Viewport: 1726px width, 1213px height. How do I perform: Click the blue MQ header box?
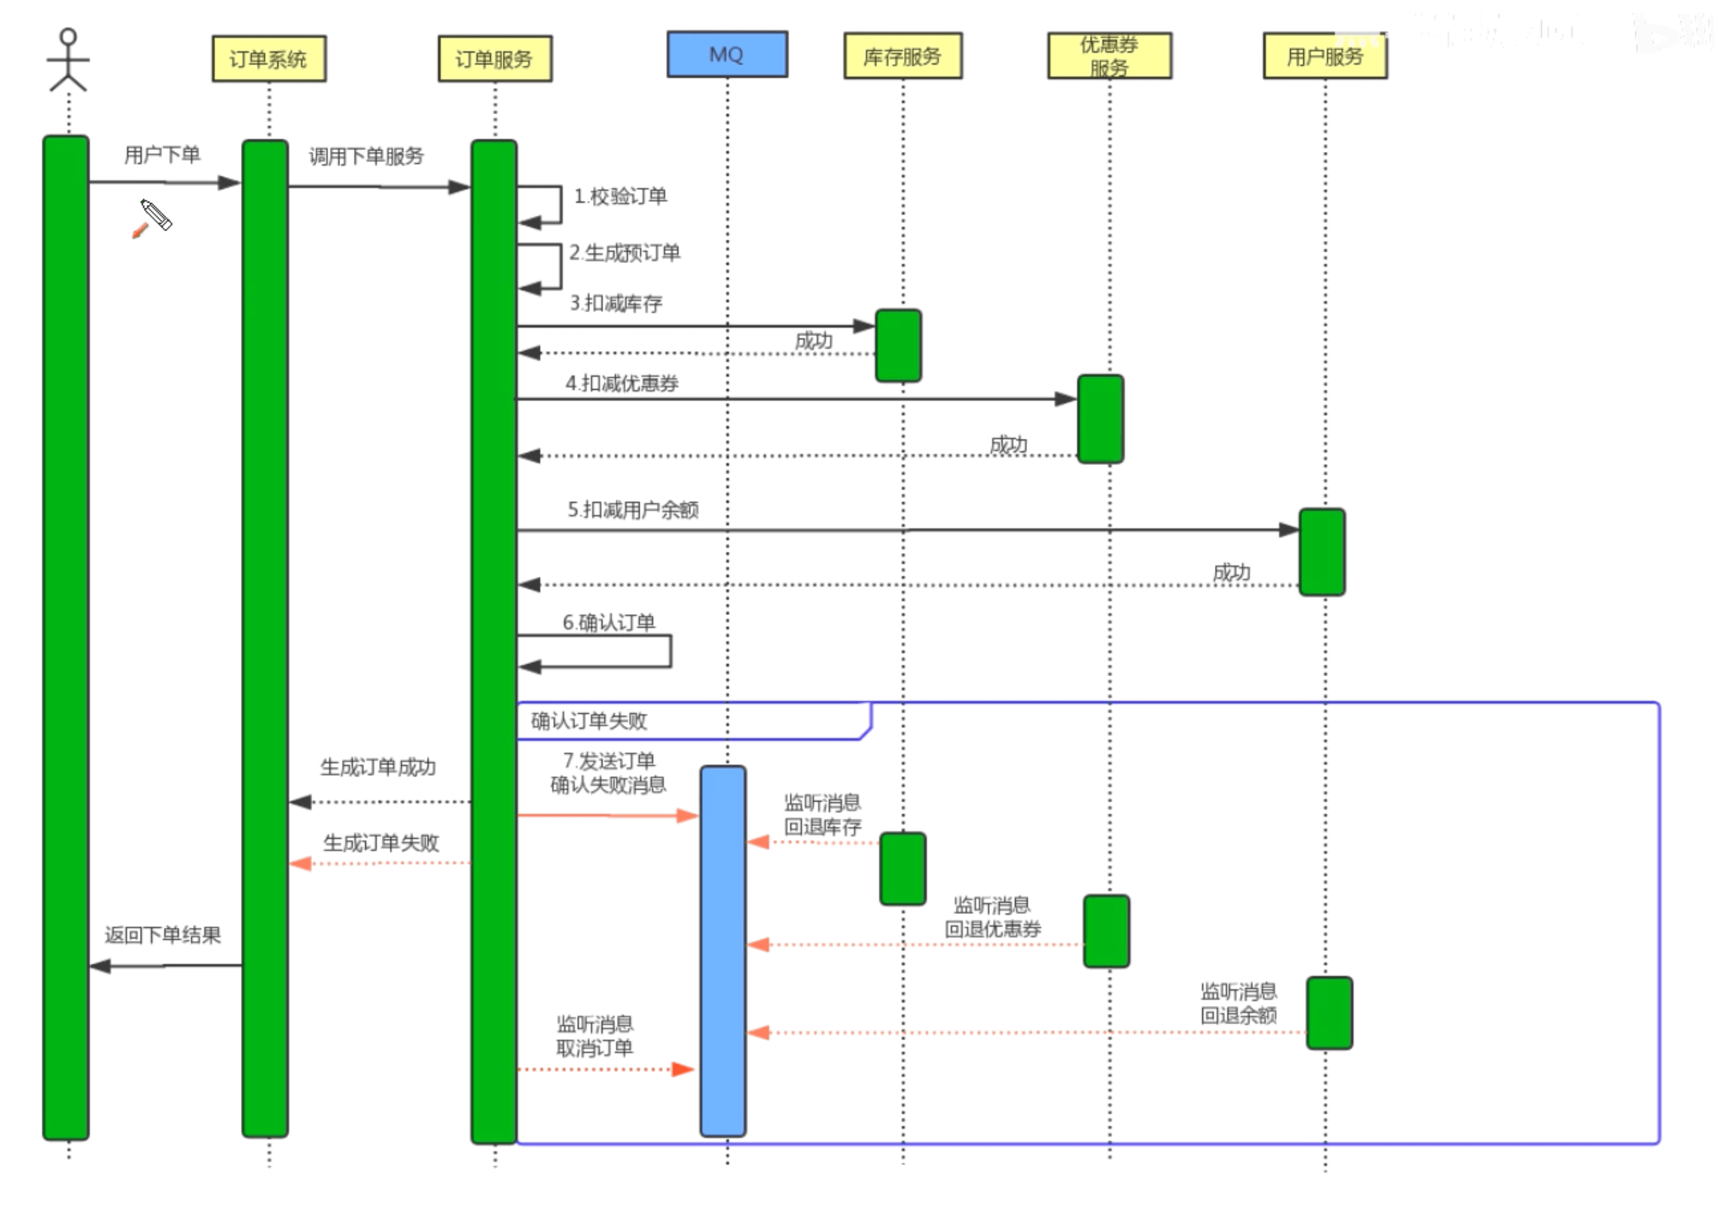click(x=727, y=54)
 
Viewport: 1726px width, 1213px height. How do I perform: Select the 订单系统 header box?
click(x=269, y=59)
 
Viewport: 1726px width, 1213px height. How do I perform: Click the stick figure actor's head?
click(x=68, y=37)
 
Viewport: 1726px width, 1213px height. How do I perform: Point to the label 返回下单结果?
click(x=163, y=935)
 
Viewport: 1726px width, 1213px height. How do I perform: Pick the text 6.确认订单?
click(x=609, y=622)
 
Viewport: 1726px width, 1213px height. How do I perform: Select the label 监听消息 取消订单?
click(x=594, y=1036)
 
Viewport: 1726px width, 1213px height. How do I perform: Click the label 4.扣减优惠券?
click(x=622, y=383)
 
